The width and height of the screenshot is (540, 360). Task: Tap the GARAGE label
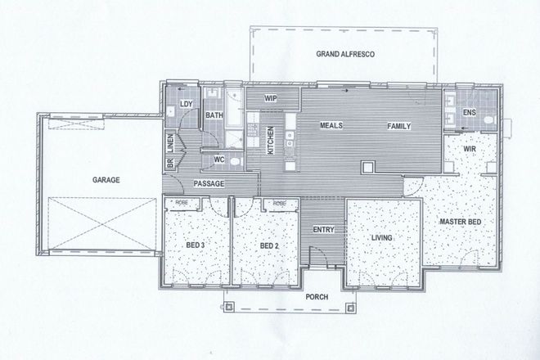(106, 178)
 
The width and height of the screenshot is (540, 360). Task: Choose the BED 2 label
(269, 245)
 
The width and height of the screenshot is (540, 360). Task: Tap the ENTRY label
(324, 230)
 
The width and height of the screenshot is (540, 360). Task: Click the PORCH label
(317, 297)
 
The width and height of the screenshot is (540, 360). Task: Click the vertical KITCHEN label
(272, 139)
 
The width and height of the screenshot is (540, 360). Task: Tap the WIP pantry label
(272, 98)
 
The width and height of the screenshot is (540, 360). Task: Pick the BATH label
(214, 115)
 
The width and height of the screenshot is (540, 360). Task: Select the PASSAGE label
(209, 185)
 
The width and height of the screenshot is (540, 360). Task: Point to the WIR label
(470, 151)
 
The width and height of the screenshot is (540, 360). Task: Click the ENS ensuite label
(469, 111)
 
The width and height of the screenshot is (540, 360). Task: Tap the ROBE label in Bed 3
(182, 203)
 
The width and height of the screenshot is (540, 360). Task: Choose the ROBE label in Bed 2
(280, 203)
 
